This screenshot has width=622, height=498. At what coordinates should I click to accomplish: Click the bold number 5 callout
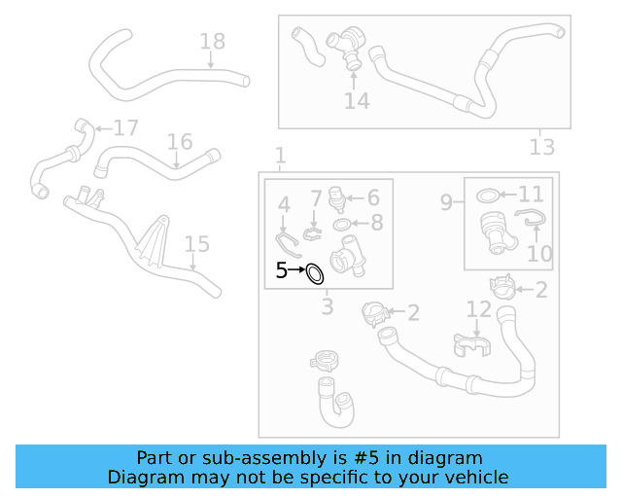[x=281, y=271]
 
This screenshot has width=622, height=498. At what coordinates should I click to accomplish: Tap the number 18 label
[x=212, y=42]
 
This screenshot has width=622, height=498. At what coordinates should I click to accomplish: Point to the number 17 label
[x=126, y=128]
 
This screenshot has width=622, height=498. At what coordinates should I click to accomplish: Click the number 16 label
[x=179, y=143]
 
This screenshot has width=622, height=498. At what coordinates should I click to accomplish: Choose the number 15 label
[x=196, y=244]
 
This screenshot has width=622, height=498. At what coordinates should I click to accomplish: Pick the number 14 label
[x=357, y=101]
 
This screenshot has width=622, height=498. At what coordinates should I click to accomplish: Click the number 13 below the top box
[x=542, y=147]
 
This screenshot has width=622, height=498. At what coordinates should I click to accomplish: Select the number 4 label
[x=284, y=205]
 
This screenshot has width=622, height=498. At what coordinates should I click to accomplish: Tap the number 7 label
[x=316, y=199]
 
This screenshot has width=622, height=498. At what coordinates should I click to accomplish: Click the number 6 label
[x=372, y=197]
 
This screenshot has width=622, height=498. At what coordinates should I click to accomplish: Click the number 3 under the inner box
[x=328, y=307]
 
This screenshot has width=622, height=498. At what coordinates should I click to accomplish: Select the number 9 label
[x=446, y=203]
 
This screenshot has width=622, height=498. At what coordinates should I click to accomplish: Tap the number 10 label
[x=539, y=254]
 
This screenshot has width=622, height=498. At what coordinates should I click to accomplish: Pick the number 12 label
[x=479, y=310]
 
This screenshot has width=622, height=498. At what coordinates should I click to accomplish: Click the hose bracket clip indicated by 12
[x=470, y=343]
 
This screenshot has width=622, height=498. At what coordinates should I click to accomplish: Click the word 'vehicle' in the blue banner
[x=473, y=477]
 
